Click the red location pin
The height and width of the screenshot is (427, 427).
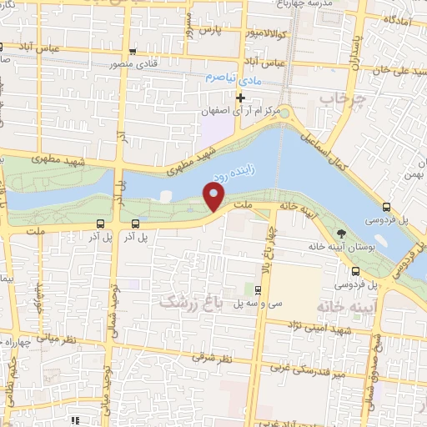tap(214, 197)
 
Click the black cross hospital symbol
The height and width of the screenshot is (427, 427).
tap(241, 98)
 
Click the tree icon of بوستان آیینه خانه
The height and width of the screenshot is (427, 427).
tap(341, 234)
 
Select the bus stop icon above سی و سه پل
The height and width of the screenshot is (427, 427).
tap(258, 290)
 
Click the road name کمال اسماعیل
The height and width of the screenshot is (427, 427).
tap(320, 147)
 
